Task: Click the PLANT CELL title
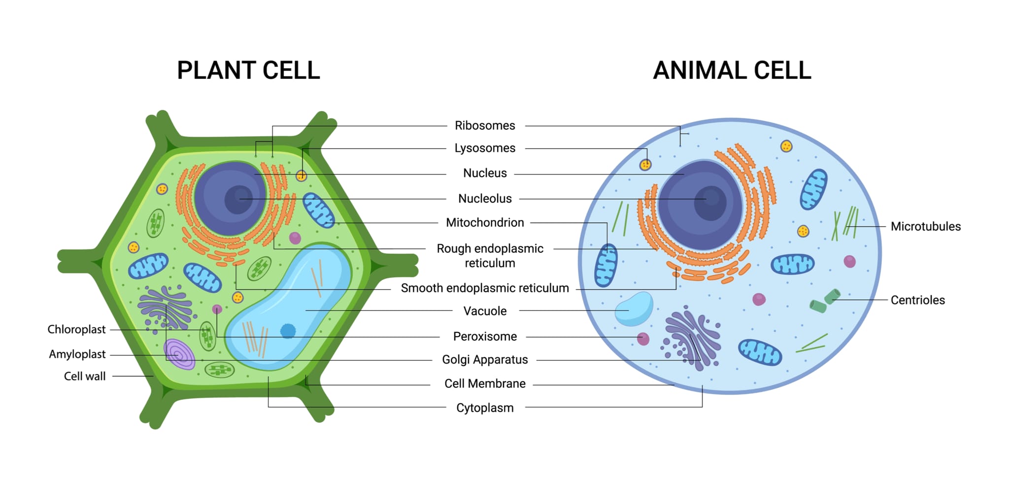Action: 248,70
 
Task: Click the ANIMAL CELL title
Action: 732,70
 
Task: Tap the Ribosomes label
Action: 485,126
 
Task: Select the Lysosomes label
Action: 485,148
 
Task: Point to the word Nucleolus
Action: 485,199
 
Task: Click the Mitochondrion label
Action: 485,223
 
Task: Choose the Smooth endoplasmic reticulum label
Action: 485,288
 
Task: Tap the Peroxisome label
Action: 485,337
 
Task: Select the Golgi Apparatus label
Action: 485,360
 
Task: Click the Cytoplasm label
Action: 485,408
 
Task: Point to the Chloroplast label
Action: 76,330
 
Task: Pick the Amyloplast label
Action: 77,354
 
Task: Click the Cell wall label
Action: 85,377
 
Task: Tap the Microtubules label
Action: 926,227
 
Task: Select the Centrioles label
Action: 918,300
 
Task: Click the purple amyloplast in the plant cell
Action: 179,354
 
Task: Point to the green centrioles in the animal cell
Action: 825,301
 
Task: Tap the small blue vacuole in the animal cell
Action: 634,309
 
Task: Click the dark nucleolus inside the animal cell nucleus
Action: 710,203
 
